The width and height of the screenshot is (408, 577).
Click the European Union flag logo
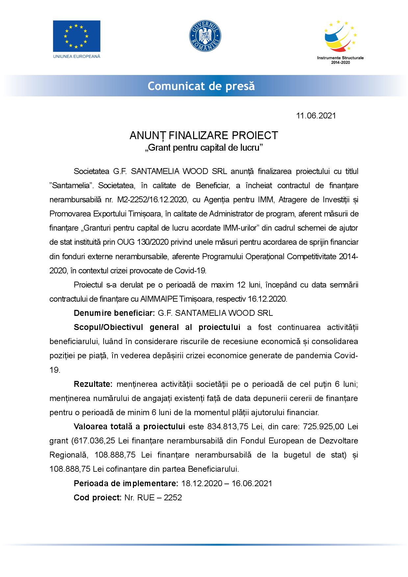[x=77, y=36]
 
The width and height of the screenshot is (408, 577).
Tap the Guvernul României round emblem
[x=204, y=36]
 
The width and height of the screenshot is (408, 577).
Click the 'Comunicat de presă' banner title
[x=201, y=86]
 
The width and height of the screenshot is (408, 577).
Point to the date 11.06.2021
[x=316, y=116]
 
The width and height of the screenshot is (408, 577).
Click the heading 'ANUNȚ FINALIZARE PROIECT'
[x=204, y=135]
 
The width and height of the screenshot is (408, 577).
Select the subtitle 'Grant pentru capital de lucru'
[x=204, y=148]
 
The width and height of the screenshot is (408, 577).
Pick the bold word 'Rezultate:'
[x=93, y=384]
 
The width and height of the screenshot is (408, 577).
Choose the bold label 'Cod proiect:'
[x=98, y=497]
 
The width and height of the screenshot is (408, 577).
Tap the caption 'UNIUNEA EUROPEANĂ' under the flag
[x=77, y=56]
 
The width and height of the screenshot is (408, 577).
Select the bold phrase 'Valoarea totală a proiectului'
[x=129, y=427]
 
